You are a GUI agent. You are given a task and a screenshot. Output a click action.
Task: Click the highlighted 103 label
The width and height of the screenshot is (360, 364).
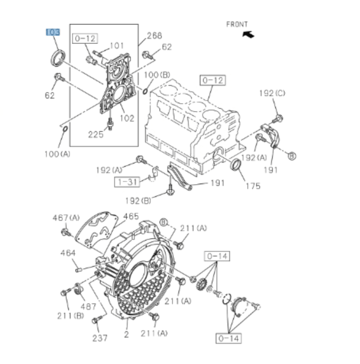[53, 32]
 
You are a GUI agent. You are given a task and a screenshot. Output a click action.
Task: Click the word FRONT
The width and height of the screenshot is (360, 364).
[236, 24]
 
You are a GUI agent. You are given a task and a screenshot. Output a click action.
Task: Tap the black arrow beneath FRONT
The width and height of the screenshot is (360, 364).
[247, 34]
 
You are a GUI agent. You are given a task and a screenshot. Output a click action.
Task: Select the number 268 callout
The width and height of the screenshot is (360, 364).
[154, 37]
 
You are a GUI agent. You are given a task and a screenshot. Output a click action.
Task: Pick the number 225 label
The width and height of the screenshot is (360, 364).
[96, 134]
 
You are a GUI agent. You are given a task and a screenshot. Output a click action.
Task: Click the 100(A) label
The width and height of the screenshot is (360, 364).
[58, 154]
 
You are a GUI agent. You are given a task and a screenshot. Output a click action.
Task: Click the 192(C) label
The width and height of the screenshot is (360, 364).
[272, 93]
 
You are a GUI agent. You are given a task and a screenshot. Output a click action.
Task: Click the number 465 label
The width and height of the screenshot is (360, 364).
[131, 216]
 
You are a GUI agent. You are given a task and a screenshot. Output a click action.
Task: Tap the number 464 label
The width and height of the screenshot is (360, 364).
[69, 253]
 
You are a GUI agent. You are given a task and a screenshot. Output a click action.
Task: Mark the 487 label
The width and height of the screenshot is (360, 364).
[88, 306]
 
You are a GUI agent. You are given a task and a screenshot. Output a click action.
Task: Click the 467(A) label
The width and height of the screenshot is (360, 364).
[66, 217]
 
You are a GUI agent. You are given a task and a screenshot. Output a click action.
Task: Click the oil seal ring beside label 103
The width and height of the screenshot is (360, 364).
[57, 57]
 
